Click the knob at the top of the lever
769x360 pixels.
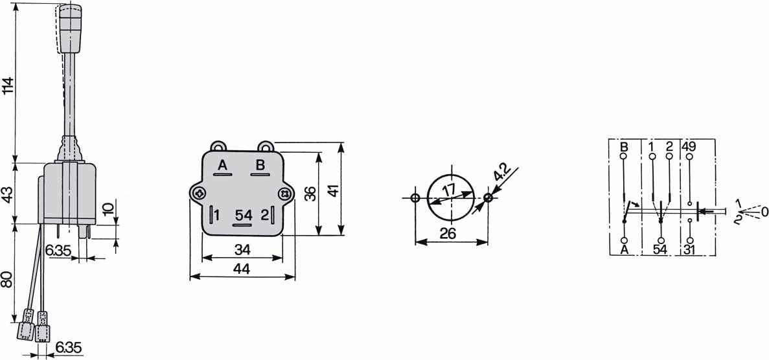69,28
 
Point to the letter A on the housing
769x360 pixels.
222,165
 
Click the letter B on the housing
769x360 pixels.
260,165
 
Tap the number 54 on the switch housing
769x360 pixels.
244,216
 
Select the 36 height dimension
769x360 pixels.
310,193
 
